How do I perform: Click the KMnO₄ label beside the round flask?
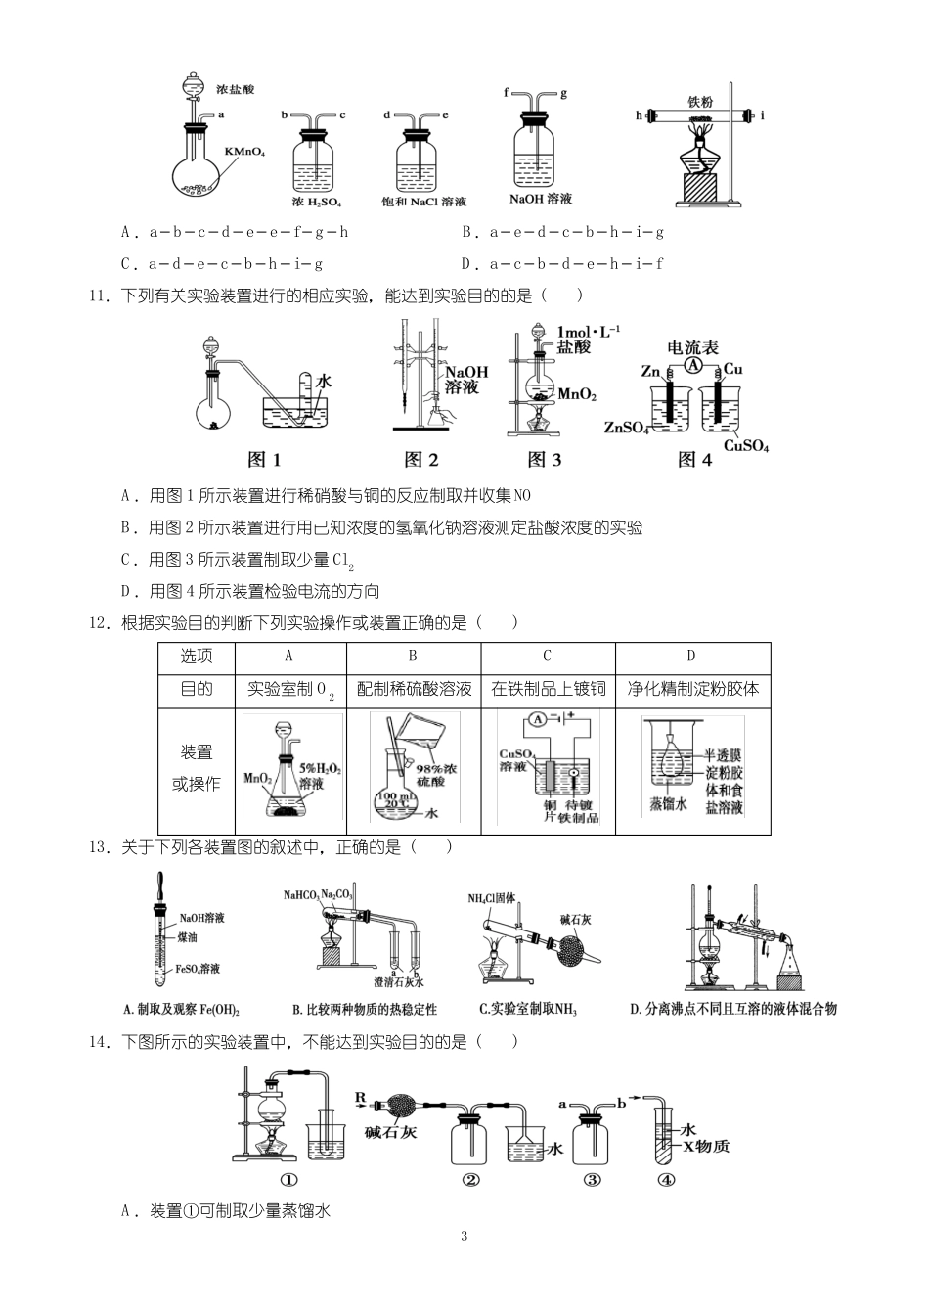point(244,152)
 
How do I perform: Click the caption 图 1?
point(264,460)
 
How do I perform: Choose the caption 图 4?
point(694,460)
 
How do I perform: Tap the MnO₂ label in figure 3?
point(576,394)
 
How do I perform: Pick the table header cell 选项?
point(197,657)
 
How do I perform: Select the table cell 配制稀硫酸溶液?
point(414,689)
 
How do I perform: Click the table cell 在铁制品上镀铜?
point(548,689)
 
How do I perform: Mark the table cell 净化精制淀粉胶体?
point(692,689)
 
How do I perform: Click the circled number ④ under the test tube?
point(666,1179)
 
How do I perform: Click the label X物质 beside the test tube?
point(706,1146)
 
